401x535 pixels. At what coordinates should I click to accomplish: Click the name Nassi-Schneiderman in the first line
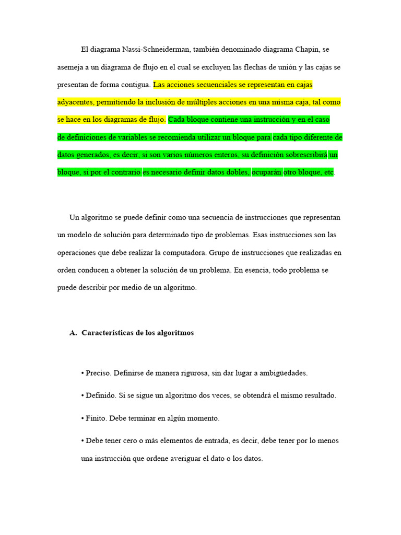156,50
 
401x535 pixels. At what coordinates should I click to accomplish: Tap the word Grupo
219,253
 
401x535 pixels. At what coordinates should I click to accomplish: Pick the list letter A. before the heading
73,333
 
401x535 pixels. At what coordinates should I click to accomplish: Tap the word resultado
319,396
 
